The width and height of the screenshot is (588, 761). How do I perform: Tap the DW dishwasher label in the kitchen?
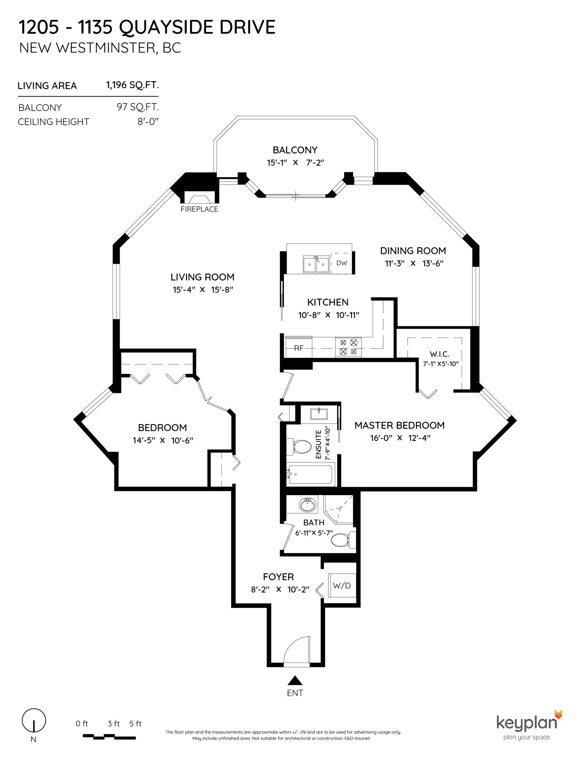pos(342,263)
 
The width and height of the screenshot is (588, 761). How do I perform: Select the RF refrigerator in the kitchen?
pos(299,347)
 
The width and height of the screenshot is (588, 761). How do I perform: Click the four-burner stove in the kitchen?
pos(349,347)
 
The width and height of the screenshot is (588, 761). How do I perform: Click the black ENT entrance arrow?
pos(295,680)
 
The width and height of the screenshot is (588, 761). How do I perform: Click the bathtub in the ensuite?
pos(311,474)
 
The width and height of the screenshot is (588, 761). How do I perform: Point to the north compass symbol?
pos(34,721)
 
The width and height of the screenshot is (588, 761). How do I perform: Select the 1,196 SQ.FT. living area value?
pos(132,85)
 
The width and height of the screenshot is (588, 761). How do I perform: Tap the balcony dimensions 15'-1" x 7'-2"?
pos(296,163)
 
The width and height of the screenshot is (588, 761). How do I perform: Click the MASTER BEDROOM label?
pos(399,425)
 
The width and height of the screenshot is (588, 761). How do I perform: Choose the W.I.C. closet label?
pos(439,354)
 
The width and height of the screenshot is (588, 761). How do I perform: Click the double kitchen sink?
pos(316,265)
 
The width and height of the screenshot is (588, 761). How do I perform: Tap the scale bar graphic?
pos(109,737)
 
